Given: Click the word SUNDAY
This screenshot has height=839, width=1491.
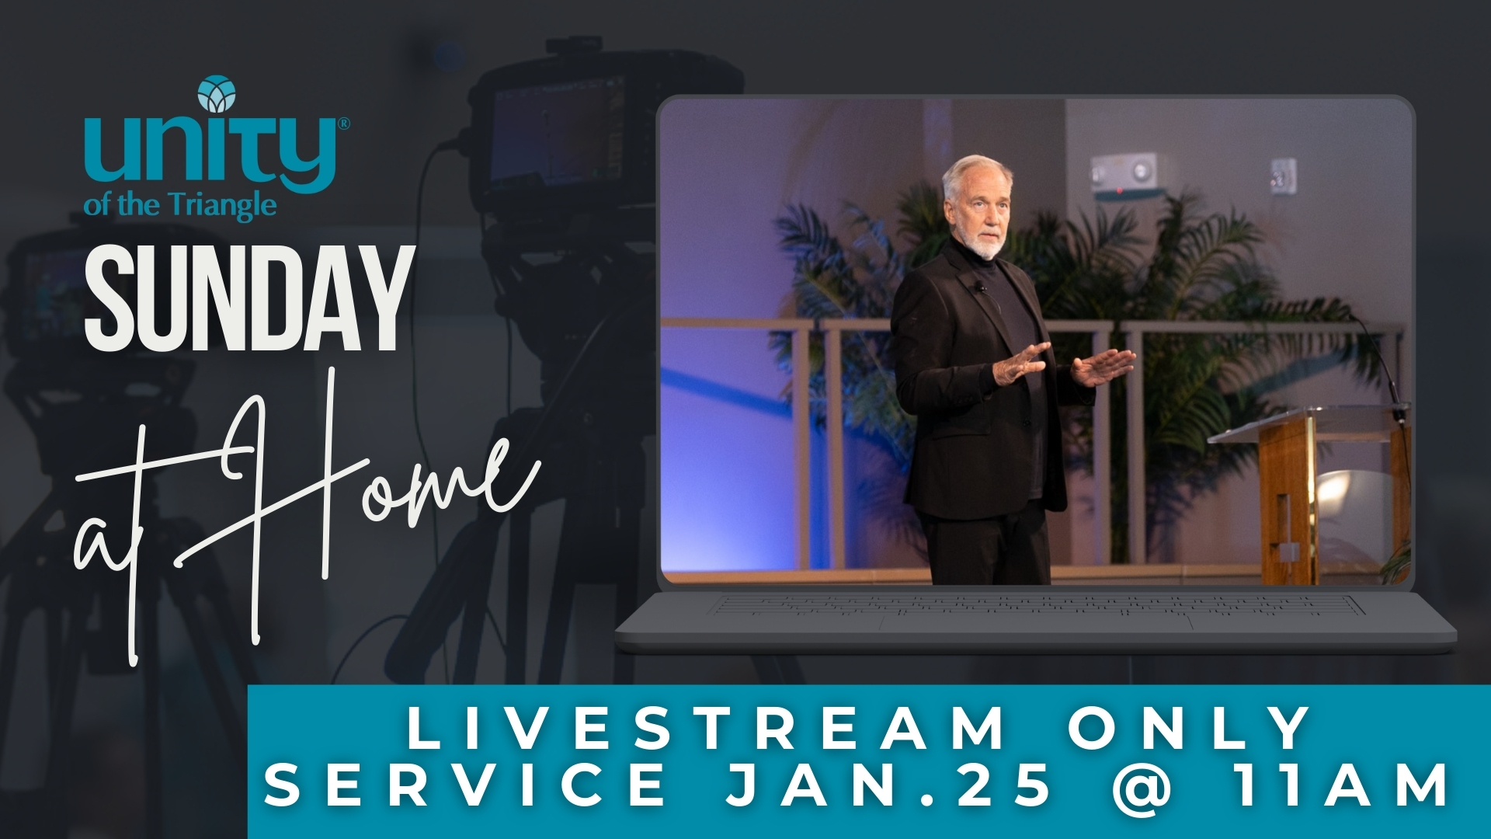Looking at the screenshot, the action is tap(249, 298).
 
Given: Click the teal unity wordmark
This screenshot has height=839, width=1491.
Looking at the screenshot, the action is tap(210, 155).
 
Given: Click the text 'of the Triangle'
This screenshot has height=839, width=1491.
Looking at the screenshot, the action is tap(180, 206).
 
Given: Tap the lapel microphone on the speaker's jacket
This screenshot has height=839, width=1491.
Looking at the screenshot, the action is tap(981, 288).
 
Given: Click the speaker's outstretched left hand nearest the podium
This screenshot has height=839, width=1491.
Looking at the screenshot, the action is tap(1103, 367).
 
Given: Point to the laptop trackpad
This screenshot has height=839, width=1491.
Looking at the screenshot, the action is tap(1037, 622).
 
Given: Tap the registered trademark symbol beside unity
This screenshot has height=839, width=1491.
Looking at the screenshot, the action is tap(344, 124).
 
